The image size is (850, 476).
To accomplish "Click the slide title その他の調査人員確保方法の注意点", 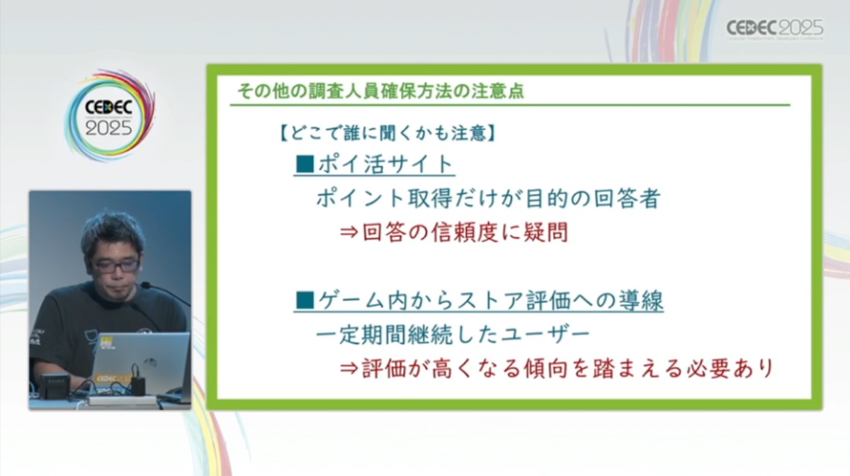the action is click(380, 91).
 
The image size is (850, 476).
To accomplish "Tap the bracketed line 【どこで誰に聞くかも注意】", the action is click(387, 133).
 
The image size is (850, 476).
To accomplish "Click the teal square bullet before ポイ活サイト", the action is click(305, 164).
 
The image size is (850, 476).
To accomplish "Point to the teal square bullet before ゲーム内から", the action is click(305, 300).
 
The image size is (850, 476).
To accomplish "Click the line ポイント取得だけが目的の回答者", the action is click(488, 198).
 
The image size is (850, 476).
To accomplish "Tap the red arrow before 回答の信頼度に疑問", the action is click(349, 232).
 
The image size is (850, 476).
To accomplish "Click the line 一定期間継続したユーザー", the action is click(453, 334).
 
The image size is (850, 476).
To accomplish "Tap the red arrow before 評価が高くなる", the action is click(349, 368).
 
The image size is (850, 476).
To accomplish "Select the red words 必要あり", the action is click(730, 368).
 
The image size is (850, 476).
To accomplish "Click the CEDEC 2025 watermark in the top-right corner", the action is click(775, 29).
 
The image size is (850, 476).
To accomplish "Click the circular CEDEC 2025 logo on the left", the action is click(110, 115).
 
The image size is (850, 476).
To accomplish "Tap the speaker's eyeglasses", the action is click(114, 265).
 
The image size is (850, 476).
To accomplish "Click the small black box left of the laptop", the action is click(55, 385).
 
